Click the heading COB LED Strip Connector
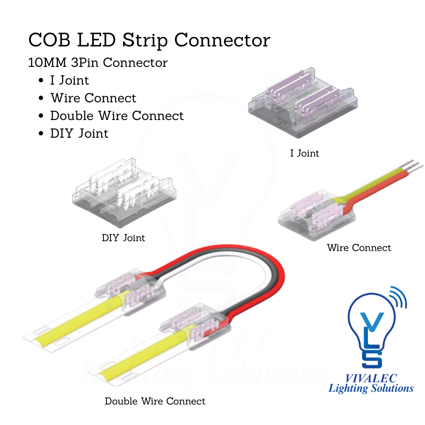[149, 40]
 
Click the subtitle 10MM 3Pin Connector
[98, 63]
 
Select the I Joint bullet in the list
[70, 80]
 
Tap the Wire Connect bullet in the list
[93, 98]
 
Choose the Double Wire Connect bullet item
[117, 116]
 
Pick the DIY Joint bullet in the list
[79, 133]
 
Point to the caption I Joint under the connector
[305, 153]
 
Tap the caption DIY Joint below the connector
[123, 238]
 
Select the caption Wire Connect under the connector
[359, 248]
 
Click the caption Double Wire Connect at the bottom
[155, 401]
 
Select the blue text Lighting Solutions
[371, 389]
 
